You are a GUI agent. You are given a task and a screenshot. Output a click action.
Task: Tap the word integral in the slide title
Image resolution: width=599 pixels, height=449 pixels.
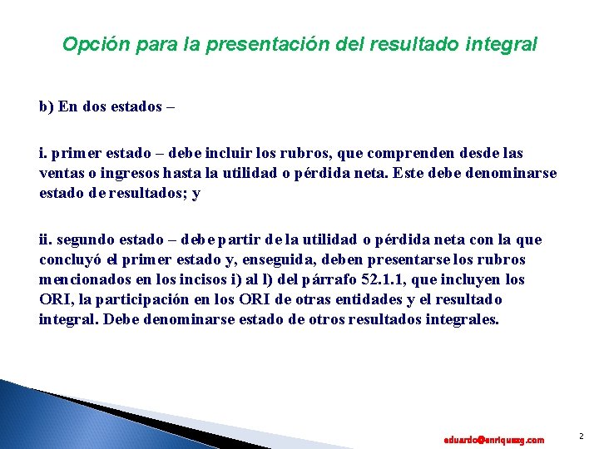pos(502,44)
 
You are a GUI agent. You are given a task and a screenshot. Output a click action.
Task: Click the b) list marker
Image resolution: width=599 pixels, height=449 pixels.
pos(46,107)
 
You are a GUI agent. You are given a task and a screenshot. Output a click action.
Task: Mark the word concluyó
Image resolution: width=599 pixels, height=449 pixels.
pos(72,260)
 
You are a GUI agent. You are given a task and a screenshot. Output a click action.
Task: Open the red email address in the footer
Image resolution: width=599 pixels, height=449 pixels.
pos(494,439)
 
